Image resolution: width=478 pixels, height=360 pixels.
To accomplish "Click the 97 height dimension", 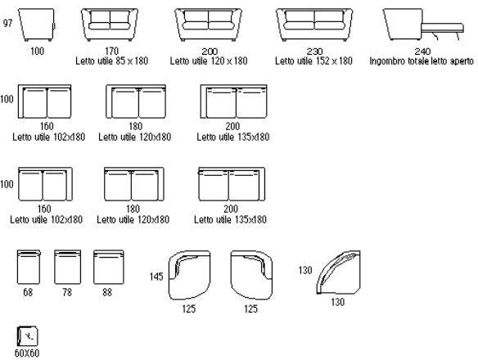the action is [x=7, y=23].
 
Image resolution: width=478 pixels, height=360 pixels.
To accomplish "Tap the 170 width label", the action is [x=111, y=51].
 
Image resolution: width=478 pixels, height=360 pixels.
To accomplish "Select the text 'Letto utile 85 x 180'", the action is [x=112, y=61].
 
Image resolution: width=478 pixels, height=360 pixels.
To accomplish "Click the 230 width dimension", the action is [x=314, y=51].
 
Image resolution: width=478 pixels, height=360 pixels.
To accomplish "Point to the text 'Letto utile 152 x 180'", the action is [x=313, y=61].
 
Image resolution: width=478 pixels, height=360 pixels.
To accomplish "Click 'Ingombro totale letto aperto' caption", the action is [x=422, y=61].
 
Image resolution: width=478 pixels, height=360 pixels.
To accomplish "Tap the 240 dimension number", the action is [x=422, y=51].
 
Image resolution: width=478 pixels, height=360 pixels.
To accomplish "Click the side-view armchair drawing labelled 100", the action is [x=37, y=25].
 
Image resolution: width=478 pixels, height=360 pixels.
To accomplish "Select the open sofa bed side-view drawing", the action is [x=424, y=25].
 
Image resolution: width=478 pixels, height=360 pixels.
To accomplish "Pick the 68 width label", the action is [x=28, y=292].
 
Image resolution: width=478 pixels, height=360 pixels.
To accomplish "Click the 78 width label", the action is [x=67, y=292].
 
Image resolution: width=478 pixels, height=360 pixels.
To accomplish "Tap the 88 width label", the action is [x=107, y=292].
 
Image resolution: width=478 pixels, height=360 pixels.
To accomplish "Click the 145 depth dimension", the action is [x=156, y=277].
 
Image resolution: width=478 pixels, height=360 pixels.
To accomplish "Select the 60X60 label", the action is [x=27, y=353].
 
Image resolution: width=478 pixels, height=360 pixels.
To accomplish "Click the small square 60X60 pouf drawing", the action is [x=28, y=336].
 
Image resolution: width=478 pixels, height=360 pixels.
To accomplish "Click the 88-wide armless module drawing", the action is [x=109, y=267].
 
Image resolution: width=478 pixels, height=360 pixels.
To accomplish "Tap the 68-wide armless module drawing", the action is [x=29, y=267].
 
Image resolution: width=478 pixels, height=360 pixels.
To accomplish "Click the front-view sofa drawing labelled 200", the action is [x=208, y=25].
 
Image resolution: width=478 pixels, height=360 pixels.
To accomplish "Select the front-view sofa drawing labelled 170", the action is [x=110, y=25].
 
